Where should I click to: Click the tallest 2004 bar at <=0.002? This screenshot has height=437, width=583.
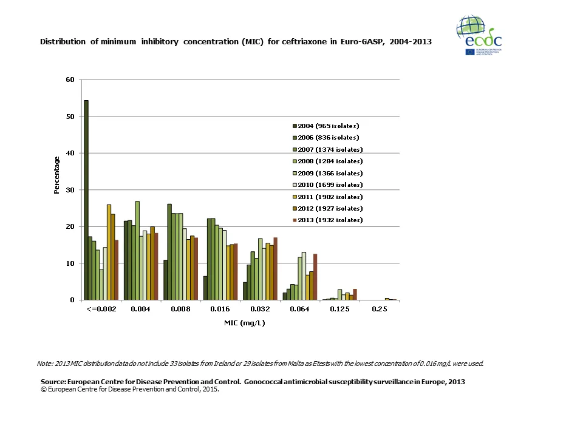[x=86, y=200]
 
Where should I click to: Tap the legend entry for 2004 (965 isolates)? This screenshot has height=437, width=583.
[x=328, y=126]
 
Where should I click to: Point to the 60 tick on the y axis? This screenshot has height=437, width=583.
[x=70, y=80]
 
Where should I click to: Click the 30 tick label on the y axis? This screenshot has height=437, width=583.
[x=70, y=190]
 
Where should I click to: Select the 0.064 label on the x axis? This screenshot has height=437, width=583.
[x=299, y=309]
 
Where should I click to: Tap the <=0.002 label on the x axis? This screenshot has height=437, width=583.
[x=101, y=309]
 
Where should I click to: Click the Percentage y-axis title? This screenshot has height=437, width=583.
[x=57, y=175]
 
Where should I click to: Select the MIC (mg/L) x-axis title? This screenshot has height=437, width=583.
[x=244, y=323]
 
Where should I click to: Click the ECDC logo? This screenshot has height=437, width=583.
[x=479, y=36]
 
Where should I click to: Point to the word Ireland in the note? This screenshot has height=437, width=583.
[x=200, y=364]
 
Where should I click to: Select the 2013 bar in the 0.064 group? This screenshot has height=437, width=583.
[x=315, y=277]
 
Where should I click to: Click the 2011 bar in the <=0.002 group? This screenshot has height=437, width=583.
[x=109, y=252]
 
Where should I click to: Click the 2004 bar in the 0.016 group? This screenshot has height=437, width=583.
[x=205, y=288]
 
